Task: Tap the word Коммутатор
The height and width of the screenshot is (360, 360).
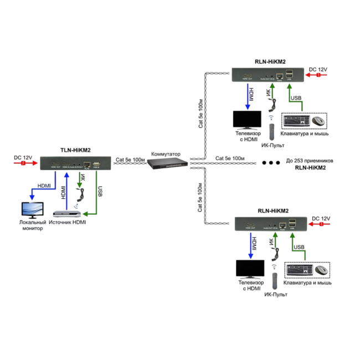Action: [167, 153]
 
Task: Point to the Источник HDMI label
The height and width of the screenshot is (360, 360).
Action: [68, 222]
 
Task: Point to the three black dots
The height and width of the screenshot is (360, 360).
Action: [271, 163]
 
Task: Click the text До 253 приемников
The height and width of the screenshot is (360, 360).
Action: [310, 161]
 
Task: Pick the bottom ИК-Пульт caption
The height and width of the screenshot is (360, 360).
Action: [276, 295]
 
